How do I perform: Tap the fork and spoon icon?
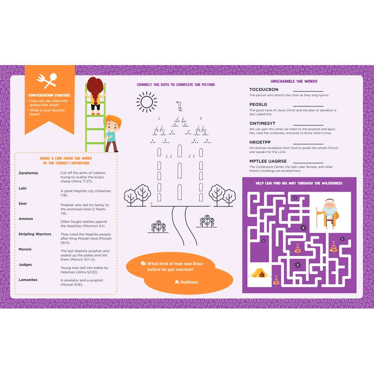(47, 80)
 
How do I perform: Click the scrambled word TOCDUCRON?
(264, 90)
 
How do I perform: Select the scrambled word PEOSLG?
(258, 105)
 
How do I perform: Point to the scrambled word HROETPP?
(260, 142)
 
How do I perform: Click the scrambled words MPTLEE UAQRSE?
(268, 162)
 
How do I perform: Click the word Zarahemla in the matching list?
(28, 173)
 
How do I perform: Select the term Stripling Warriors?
(35, 234)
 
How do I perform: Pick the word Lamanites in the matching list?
(28, 280)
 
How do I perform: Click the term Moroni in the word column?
(25, 249)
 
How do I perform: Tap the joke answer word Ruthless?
(190, 282)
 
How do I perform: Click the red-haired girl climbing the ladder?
(95, 95)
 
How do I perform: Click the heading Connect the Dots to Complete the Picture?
(176, 85)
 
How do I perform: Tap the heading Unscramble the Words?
(294, 81)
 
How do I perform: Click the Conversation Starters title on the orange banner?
(49, 95)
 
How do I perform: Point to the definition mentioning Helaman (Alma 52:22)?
(84, 270)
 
